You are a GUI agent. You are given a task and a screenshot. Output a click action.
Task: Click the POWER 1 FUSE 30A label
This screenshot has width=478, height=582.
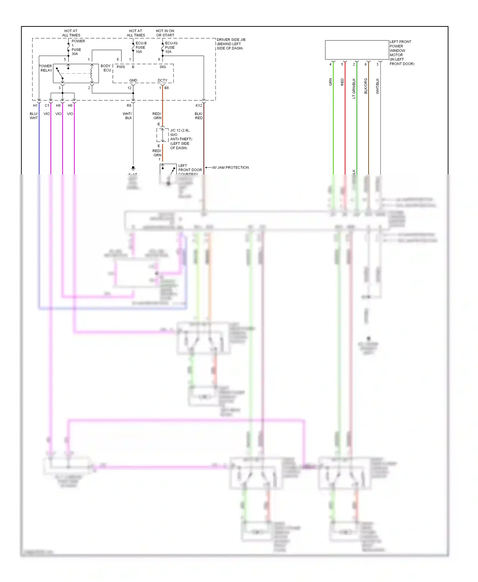click(76, 47)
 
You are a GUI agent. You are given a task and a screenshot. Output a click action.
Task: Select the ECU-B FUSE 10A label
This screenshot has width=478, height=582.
click(141, 47)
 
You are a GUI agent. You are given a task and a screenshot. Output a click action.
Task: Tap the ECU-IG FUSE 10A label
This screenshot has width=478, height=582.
click(171, 47)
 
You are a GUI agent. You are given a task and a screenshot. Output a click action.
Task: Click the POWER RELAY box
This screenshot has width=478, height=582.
click(76, 74)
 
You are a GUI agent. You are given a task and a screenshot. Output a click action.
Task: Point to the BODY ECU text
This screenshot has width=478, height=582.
click(106, 68)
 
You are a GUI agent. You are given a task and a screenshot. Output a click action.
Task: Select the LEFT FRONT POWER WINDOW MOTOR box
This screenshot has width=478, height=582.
click(357, 50)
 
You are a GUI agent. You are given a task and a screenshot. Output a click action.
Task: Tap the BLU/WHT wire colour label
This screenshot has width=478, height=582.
click(34, 116)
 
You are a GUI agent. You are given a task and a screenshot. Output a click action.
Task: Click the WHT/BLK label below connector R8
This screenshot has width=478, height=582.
click(127, 116)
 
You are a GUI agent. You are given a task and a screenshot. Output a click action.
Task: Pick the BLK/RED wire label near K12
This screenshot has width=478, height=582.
click(199, 116)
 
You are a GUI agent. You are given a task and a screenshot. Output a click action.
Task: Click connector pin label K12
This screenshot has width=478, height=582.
click(199, 105)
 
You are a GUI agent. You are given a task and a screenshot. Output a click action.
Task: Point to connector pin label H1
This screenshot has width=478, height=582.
click(35, 105)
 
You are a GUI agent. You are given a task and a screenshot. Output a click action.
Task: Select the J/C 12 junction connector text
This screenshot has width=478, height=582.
click(180, 139)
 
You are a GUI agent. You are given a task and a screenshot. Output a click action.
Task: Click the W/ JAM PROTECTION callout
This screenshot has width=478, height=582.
click(230, 167)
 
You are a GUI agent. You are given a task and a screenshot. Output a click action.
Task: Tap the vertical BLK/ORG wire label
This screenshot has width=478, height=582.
click(366, 86)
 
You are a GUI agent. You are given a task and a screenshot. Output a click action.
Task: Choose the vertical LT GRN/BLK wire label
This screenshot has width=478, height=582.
click(354, 89)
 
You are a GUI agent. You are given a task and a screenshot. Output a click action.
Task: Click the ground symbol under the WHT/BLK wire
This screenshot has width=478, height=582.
click(133, 168)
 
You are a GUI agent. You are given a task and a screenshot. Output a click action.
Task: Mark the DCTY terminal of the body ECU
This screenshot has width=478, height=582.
click(162, 81)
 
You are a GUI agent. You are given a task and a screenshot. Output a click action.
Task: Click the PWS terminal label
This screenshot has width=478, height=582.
click(121, 67)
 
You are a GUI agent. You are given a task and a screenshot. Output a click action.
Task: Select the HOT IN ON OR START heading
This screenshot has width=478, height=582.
click(165, 33)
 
